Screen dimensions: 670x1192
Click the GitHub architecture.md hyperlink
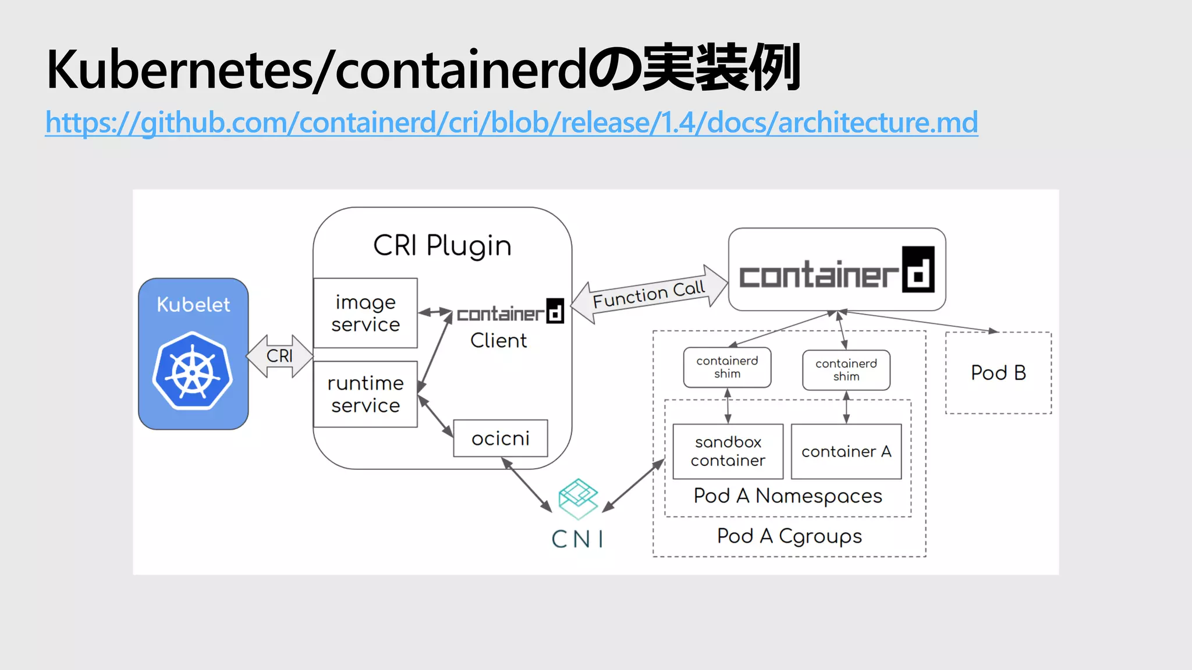coord(511,123)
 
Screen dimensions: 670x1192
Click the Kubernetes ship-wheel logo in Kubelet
coord(193,370)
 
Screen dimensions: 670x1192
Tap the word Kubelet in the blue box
coord(193,304)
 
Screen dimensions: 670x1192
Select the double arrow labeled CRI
coord(280,355)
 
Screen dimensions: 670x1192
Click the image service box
coord(365,313)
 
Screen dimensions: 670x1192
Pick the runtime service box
coord(365,394)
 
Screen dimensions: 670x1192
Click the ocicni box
coord(500,438)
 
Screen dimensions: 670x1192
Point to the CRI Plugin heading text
coord(442,245)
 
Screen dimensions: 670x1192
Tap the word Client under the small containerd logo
coord(498,340)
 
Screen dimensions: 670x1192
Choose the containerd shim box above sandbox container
coord(727,367)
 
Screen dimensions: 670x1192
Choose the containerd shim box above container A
coord(846,370)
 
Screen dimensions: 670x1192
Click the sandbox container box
coord(728,451)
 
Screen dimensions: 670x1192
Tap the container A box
coord(846,451)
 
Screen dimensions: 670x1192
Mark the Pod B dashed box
coord(998,373)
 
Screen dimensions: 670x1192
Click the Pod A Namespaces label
coord(787,496)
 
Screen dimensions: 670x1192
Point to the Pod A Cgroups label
coord(789,536)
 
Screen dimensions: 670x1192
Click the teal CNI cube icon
coord(578,498)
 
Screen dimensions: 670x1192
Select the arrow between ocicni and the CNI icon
coord(527,485)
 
